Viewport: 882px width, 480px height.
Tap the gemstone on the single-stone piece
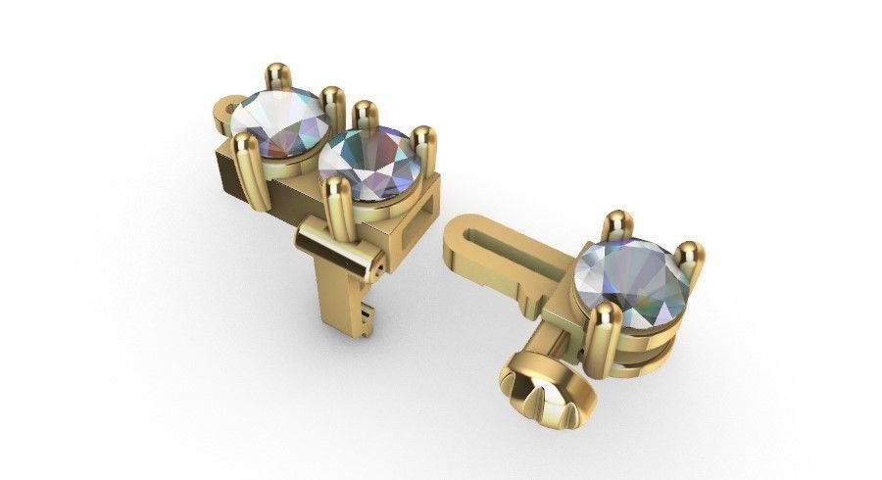point(632,276)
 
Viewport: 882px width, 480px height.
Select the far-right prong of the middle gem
point(423,138)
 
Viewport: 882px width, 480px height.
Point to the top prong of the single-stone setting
point(614,222)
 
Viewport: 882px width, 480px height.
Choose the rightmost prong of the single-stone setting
point(689,256)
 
